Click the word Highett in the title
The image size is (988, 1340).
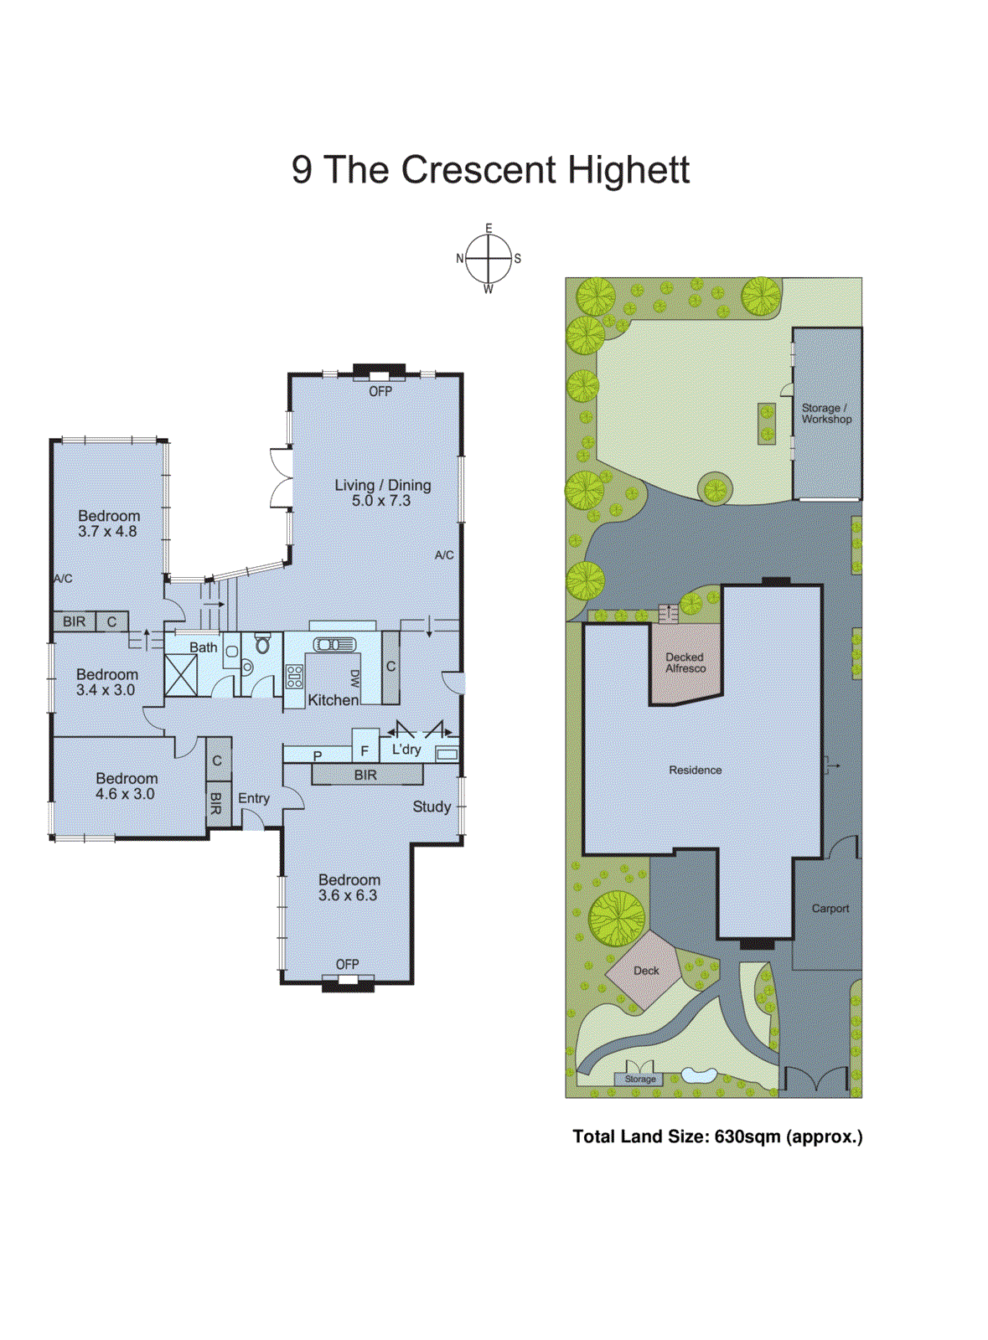tap(628, 170)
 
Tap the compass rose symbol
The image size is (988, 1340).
tap(489, 259)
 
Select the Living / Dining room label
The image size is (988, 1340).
tap(382, 485)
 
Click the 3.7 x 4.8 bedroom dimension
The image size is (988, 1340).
tap(107, 532)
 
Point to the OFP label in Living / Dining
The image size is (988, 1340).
tap(380, 391)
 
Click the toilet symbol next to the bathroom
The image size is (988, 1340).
tap(262, 643)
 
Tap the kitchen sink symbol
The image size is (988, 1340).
tap(334, 644)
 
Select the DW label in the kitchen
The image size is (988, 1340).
tap(354, 678)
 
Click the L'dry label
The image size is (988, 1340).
tap(406, 750)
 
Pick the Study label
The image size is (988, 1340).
tap(432, 807)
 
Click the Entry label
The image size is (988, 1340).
tap(254, 798)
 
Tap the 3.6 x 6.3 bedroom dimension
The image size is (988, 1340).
tap(348, 895)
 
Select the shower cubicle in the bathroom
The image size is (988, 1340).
tap(181, 676)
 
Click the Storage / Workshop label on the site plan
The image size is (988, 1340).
tap(825, 414)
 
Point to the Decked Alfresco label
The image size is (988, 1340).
tap(685, 662)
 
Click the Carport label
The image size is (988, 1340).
tap(830, 908)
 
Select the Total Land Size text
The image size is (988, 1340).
tap(717, 1136)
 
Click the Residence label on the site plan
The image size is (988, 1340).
tap(695, 770)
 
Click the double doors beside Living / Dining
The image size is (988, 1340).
tap(280, 477)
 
